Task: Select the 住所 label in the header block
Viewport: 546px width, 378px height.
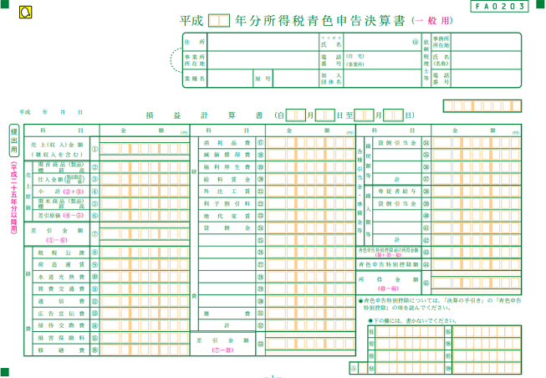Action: (194, 42)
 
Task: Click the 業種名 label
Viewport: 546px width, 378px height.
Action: (194, 79)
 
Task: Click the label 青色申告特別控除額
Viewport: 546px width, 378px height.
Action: (389, 264)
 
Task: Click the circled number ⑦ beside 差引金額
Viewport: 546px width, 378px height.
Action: (94, 232)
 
